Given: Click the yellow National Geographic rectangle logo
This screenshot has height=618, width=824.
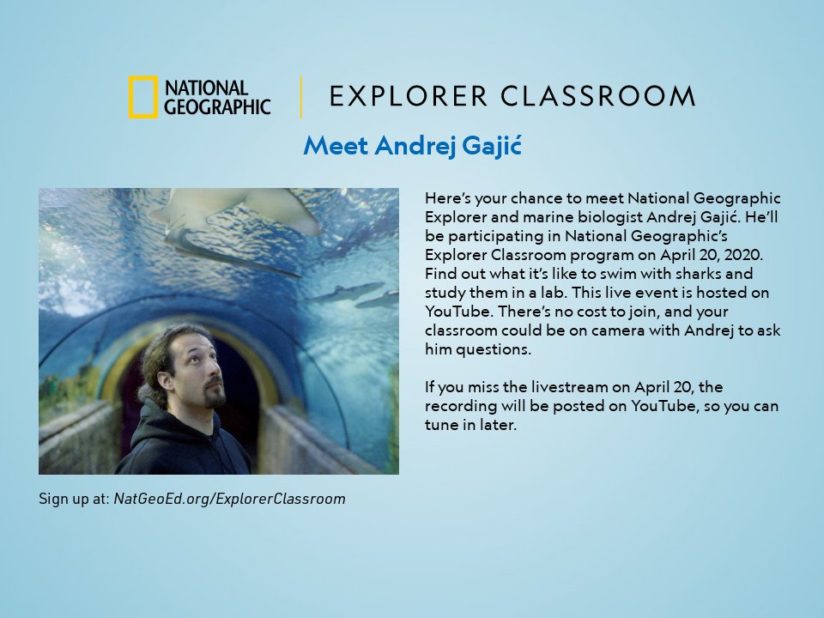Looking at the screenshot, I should tap(142, 97).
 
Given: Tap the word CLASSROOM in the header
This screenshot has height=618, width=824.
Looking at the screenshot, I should tap(598, 96).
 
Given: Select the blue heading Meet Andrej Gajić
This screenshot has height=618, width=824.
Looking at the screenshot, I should tap(412, 146).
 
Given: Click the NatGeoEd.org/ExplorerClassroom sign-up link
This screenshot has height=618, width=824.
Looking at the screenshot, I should tap(229, 499).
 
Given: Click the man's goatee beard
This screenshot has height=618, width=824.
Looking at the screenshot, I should tap(212, 397).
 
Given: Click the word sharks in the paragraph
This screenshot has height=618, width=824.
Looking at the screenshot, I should tap(701, 274).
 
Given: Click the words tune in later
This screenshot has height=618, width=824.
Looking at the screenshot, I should tap(470, 425).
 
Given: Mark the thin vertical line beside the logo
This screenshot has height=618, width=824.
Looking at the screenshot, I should tap(301, 97).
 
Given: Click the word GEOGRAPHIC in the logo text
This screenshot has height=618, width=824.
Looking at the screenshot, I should tap(217, 106).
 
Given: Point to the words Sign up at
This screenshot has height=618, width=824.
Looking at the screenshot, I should tap(74, 499).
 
